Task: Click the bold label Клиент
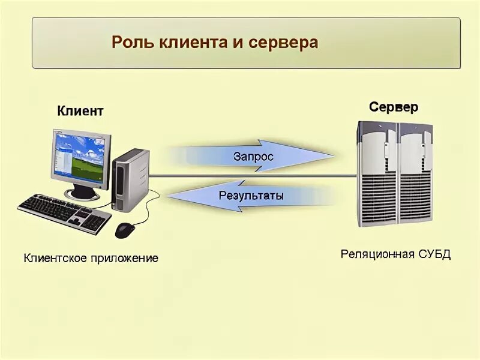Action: (80, 111)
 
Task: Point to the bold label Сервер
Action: (394, 107)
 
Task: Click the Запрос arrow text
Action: (253, 157)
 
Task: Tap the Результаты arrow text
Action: (251, 195)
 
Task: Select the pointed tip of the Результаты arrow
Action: (170, 196)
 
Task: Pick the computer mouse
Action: (124, 230)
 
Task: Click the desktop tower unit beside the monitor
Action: (130, 179)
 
